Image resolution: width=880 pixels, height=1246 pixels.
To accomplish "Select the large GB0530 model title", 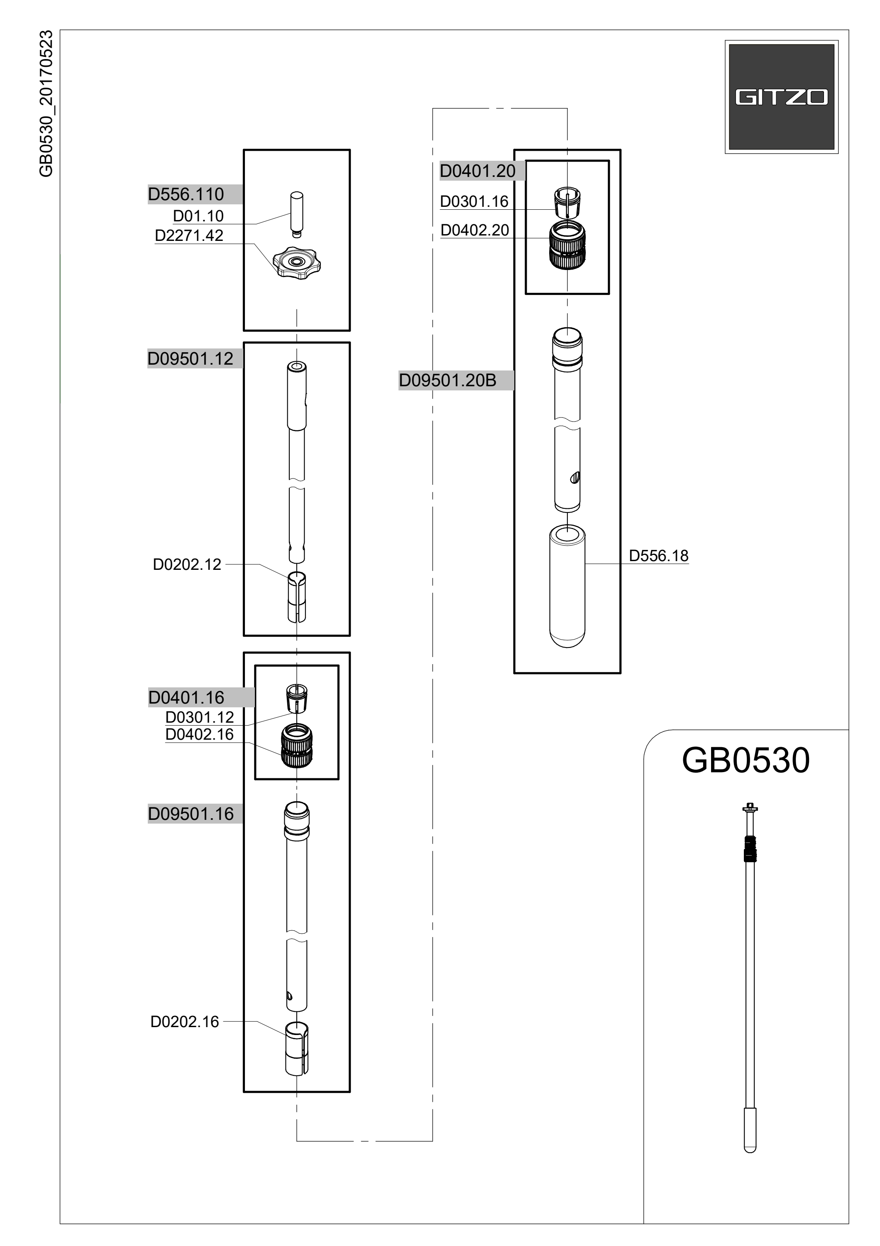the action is click(x=746, y=760).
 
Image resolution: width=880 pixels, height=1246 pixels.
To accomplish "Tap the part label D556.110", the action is click(x=186, y=194).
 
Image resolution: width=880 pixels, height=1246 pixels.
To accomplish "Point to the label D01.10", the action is click(x=198, y=216).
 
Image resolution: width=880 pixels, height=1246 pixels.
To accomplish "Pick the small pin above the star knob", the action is click(x=297, y=214).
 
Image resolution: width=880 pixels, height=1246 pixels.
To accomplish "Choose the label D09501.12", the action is click(x=190, y=359).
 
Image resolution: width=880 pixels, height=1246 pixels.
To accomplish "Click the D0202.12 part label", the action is click(x=187, y=564).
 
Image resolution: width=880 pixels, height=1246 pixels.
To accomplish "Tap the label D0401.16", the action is click(x=186, y=697).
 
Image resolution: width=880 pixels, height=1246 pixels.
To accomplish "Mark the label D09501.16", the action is click(x=191, y=814).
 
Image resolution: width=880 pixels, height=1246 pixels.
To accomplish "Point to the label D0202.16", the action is click(x=184, y=1022).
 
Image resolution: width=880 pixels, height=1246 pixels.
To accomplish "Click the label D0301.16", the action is click(x=474, y=201).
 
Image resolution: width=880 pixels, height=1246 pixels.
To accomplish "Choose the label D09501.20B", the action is click(x=448, y=380).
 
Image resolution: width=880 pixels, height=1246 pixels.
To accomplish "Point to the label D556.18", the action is click(x=658, y=556).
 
